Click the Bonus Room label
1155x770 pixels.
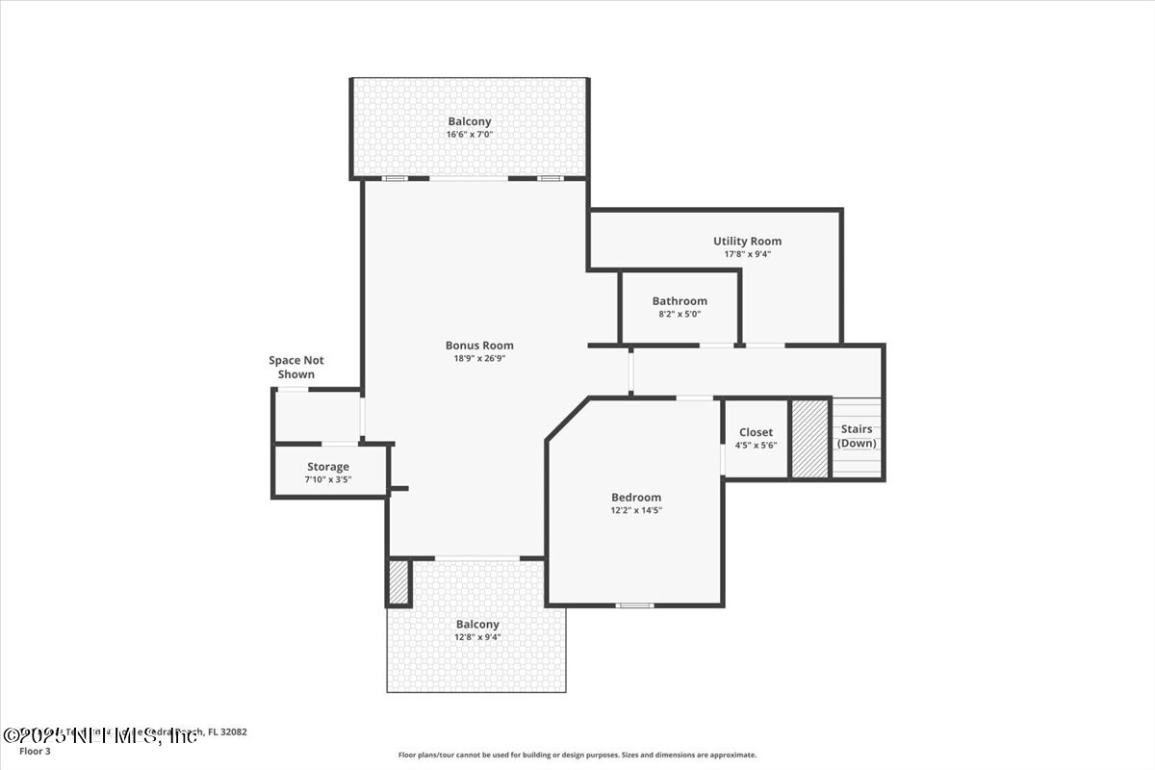tap(479, 346)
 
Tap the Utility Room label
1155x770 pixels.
tap(747, 242)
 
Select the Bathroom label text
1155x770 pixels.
tap(680, 301)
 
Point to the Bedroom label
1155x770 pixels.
tap(636, 498)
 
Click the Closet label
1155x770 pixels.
tap(756, 432)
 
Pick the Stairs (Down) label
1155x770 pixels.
tap(857, 436)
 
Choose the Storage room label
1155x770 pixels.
tap(327, 467)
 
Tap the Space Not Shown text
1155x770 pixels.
tap(296, 367)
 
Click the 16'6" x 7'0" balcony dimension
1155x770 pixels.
tap(470, 135)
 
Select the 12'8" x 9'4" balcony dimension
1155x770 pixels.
tap(477, 637)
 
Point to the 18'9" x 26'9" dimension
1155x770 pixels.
tap(479, 358)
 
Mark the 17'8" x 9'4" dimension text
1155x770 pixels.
tap(747, 254)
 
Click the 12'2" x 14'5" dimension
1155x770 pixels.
tap(636, 510)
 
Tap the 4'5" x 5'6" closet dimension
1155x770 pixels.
tap(756, 445)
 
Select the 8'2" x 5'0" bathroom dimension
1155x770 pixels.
tap(680, 314)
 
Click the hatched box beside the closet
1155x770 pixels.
tap(809, 439)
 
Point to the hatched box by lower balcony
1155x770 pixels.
tap(398, 582)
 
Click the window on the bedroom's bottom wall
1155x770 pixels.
tap(634, 605)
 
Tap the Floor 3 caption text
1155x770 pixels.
tap(35, 751)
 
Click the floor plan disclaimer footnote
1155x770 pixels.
tap(577, 756)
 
